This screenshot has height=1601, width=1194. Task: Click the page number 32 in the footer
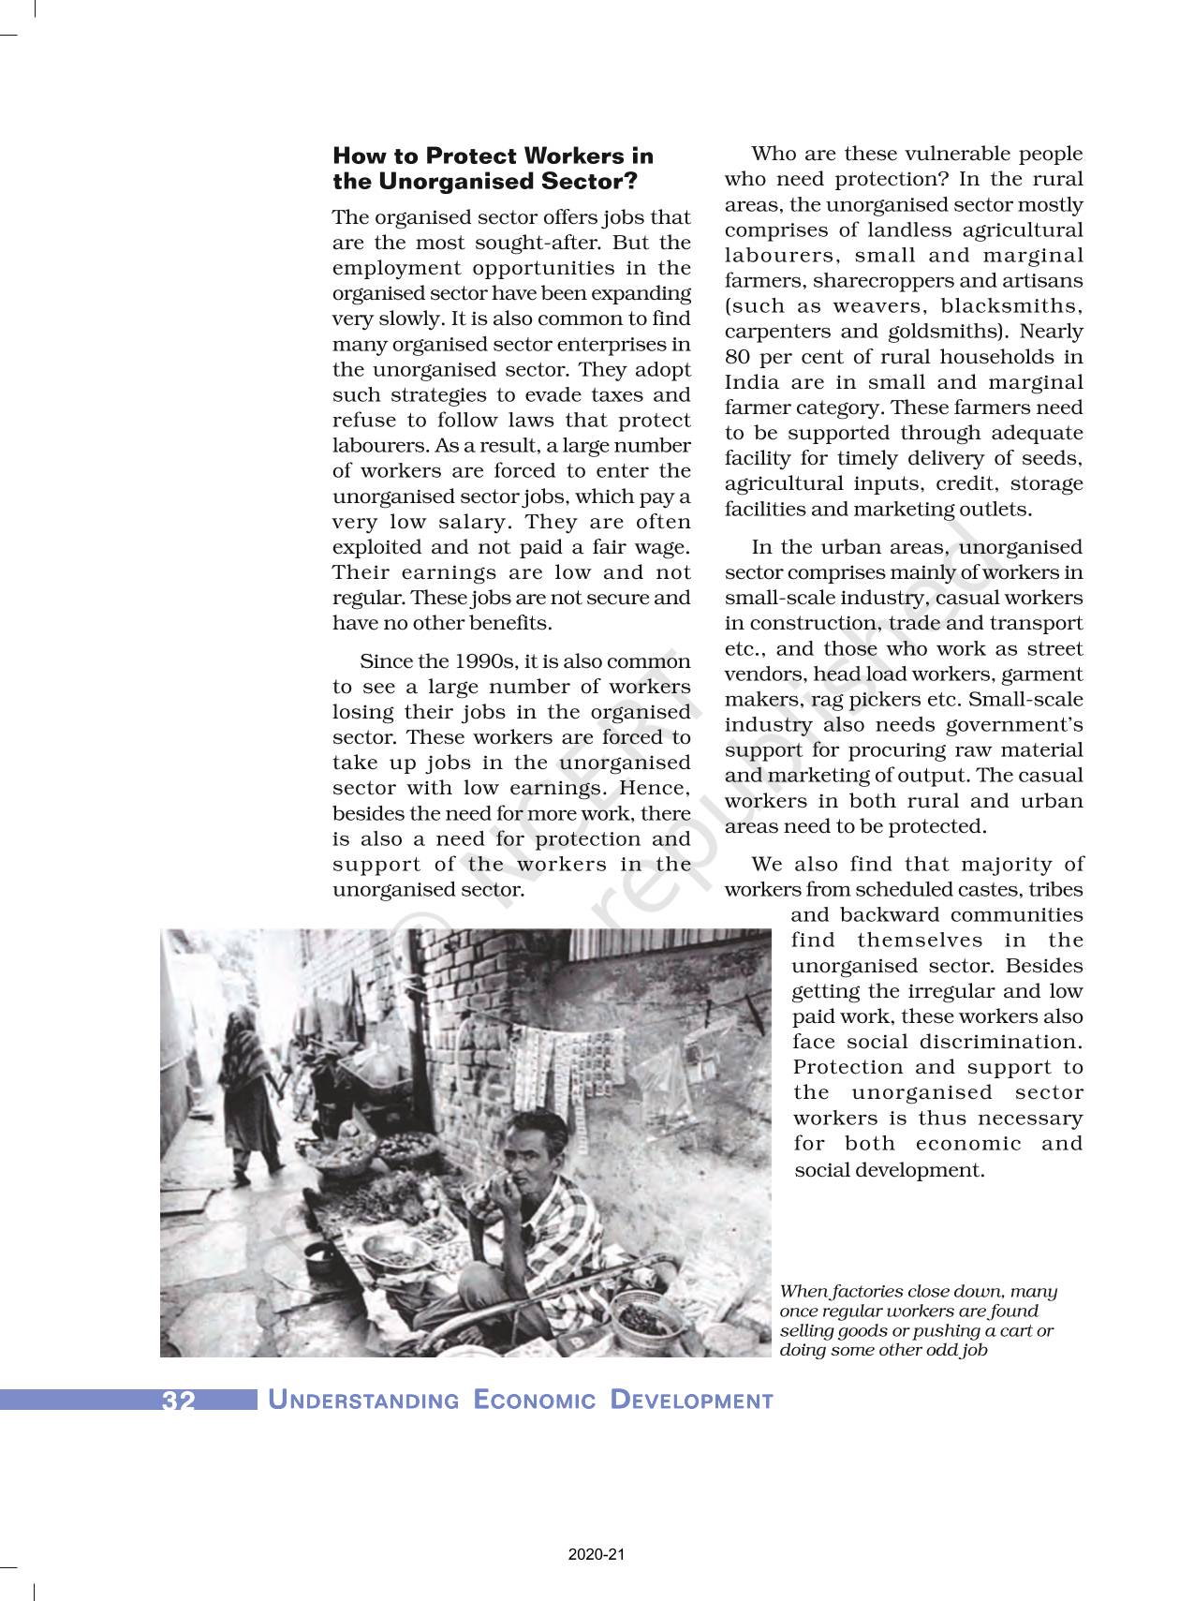click(178, 1401)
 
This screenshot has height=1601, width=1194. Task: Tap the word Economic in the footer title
click(535, 1401)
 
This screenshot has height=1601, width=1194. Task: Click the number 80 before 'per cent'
click(737, 357)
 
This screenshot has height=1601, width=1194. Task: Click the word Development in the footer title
click(691, 1401)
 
